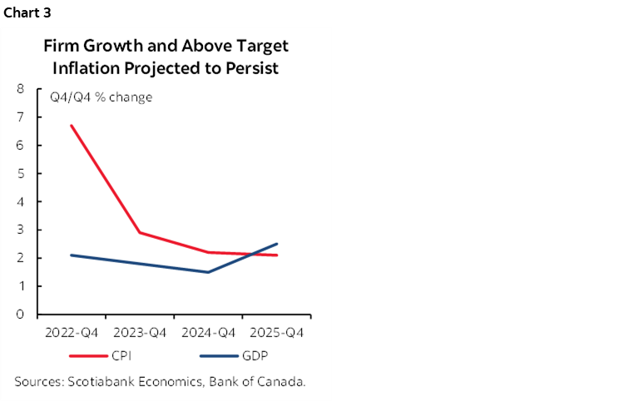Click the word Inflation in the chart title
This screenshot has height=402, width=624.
(x=87, y=67)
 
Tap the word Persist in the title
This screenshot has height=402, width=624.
(x=254, y=67)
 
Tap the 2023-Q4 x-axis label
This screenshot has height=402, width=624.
(x=140, y=333)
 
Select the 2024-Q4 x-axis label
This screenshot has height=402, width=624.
(x=208, y=333)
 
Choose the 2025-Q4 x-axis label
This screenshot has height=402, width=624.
(x=276, y=333)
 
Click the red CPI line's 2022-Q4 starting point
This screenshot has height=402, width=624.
(x=72, y=126)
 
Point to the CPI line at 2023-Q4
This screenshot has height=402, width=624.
(x=140, y=233)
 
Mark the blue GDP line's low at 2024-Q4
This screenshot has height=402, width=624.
(x=208, y=272)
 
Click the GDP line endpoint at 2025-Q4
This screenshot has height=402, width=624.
(x=276, y=244)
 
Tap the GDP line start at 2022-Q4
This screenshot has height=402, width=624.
(x=72, y=256)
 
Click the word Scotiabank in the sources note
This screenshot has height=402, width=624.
(x=99, y=382)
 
